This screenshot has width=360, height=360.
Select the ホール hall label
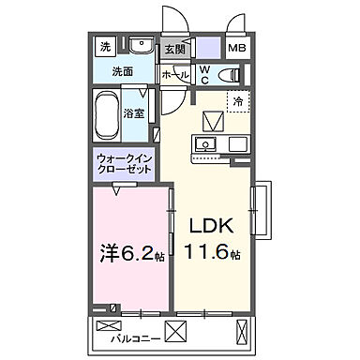pyautogui.click(x=174, y=73)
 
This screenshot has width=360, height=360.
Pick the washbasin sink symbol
pyautogui.click(x=142, y=45)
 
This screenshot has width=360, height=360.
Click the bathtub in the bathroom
pyautogui.click(x=107, y=113)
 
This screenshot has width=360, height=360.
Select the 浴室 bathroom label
pyautogui.click(x=134, y=113)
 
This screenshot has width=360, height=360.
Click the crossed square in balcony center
pyautogui.click(x=176, y=331)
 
